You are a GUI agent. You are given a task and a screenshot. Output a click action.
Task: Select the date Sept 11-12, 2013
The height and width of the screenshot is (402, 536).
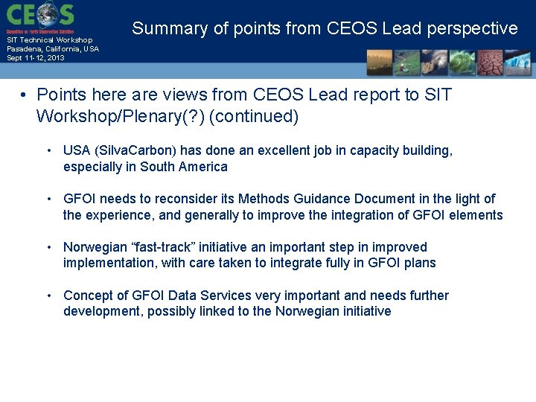pyautogui.click(x=36, y=57)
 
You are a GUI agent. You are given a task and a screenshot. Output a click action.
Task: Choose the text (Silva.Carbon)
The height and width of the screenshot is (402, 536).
pyautogui.click(x=136, y=150)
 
